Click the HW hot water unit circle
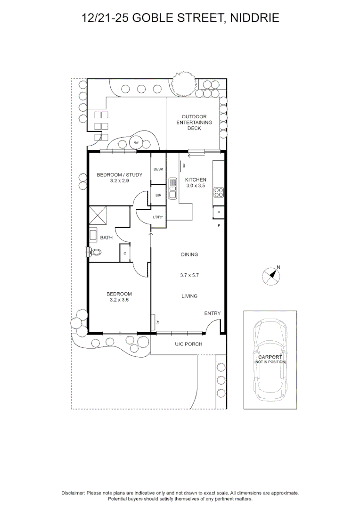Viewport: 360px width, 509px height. click(136, 142)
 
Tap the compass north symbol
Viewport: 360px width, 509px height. click(271, 276)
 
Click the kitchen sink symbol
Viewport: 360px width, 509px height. click(172, 188)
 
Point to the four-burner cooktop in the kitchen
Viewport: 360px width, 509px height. click(219, 193)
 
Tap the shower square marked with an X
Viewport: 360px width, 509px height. click(98, 214)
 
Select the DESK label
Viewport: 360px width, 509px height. click(158, 169)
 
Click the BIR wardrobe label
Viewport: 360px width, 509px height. click(158, 195)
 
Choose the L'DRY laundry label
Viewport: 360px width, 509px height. click(158, 217)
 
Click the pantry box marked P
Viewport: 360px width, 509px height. click(219, 212)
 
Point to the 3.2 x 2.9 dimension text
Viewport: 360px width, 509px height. click(120, 181)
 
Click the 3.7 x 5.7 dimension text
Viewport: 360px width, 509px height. click(189, 275)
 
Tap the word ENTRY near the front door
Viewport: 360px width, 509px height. click(213, 313)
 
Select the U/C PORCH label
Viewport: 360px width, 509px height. click(188, 344)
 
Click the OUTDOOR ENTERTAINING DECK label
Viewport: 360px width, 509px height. click(194, 123)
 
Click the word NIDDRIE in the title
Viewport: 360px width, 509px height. click(255, 18)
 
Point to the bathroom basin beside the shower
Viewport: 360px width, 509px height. click(93, 235)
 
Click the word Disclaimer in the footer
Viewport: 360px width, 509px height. click(73, 493)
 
